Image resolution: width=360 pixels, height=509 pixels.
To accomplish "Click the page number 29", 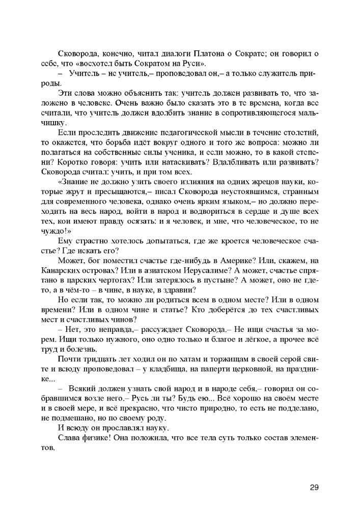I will tap(314, 487).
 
